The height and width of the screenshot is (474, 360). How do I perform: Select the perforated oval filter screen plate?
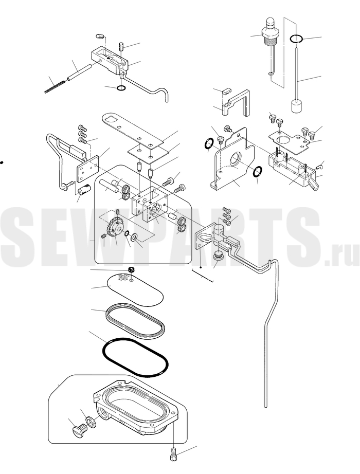pyautogui.click(x=135, y=289)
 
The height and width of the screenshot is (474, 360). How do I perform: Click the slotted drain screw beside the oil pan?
pyautogui.click(x=80, y=431)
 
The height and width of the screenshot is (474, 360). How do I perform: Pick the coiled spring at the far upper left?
pyautogui.click(x=55, y=86)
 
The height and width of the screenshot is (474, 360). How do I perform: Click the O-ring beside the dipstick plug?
pyautogui.click(x=296, y=39)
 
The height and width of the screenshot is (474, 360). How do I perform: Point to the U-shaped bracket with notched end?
pyautogui.click(x=237, y=103)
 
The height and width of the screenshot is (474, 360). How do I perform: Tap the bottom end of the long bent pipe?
pyautogui.click(x=266, y=407)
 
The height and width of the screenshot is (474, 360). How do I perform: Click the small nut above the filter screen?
pyautogui.click(x=131, y=269)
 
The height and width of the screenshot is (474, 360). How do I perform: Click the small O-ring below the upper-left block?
pyautogui.click(x=121, y=88)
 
